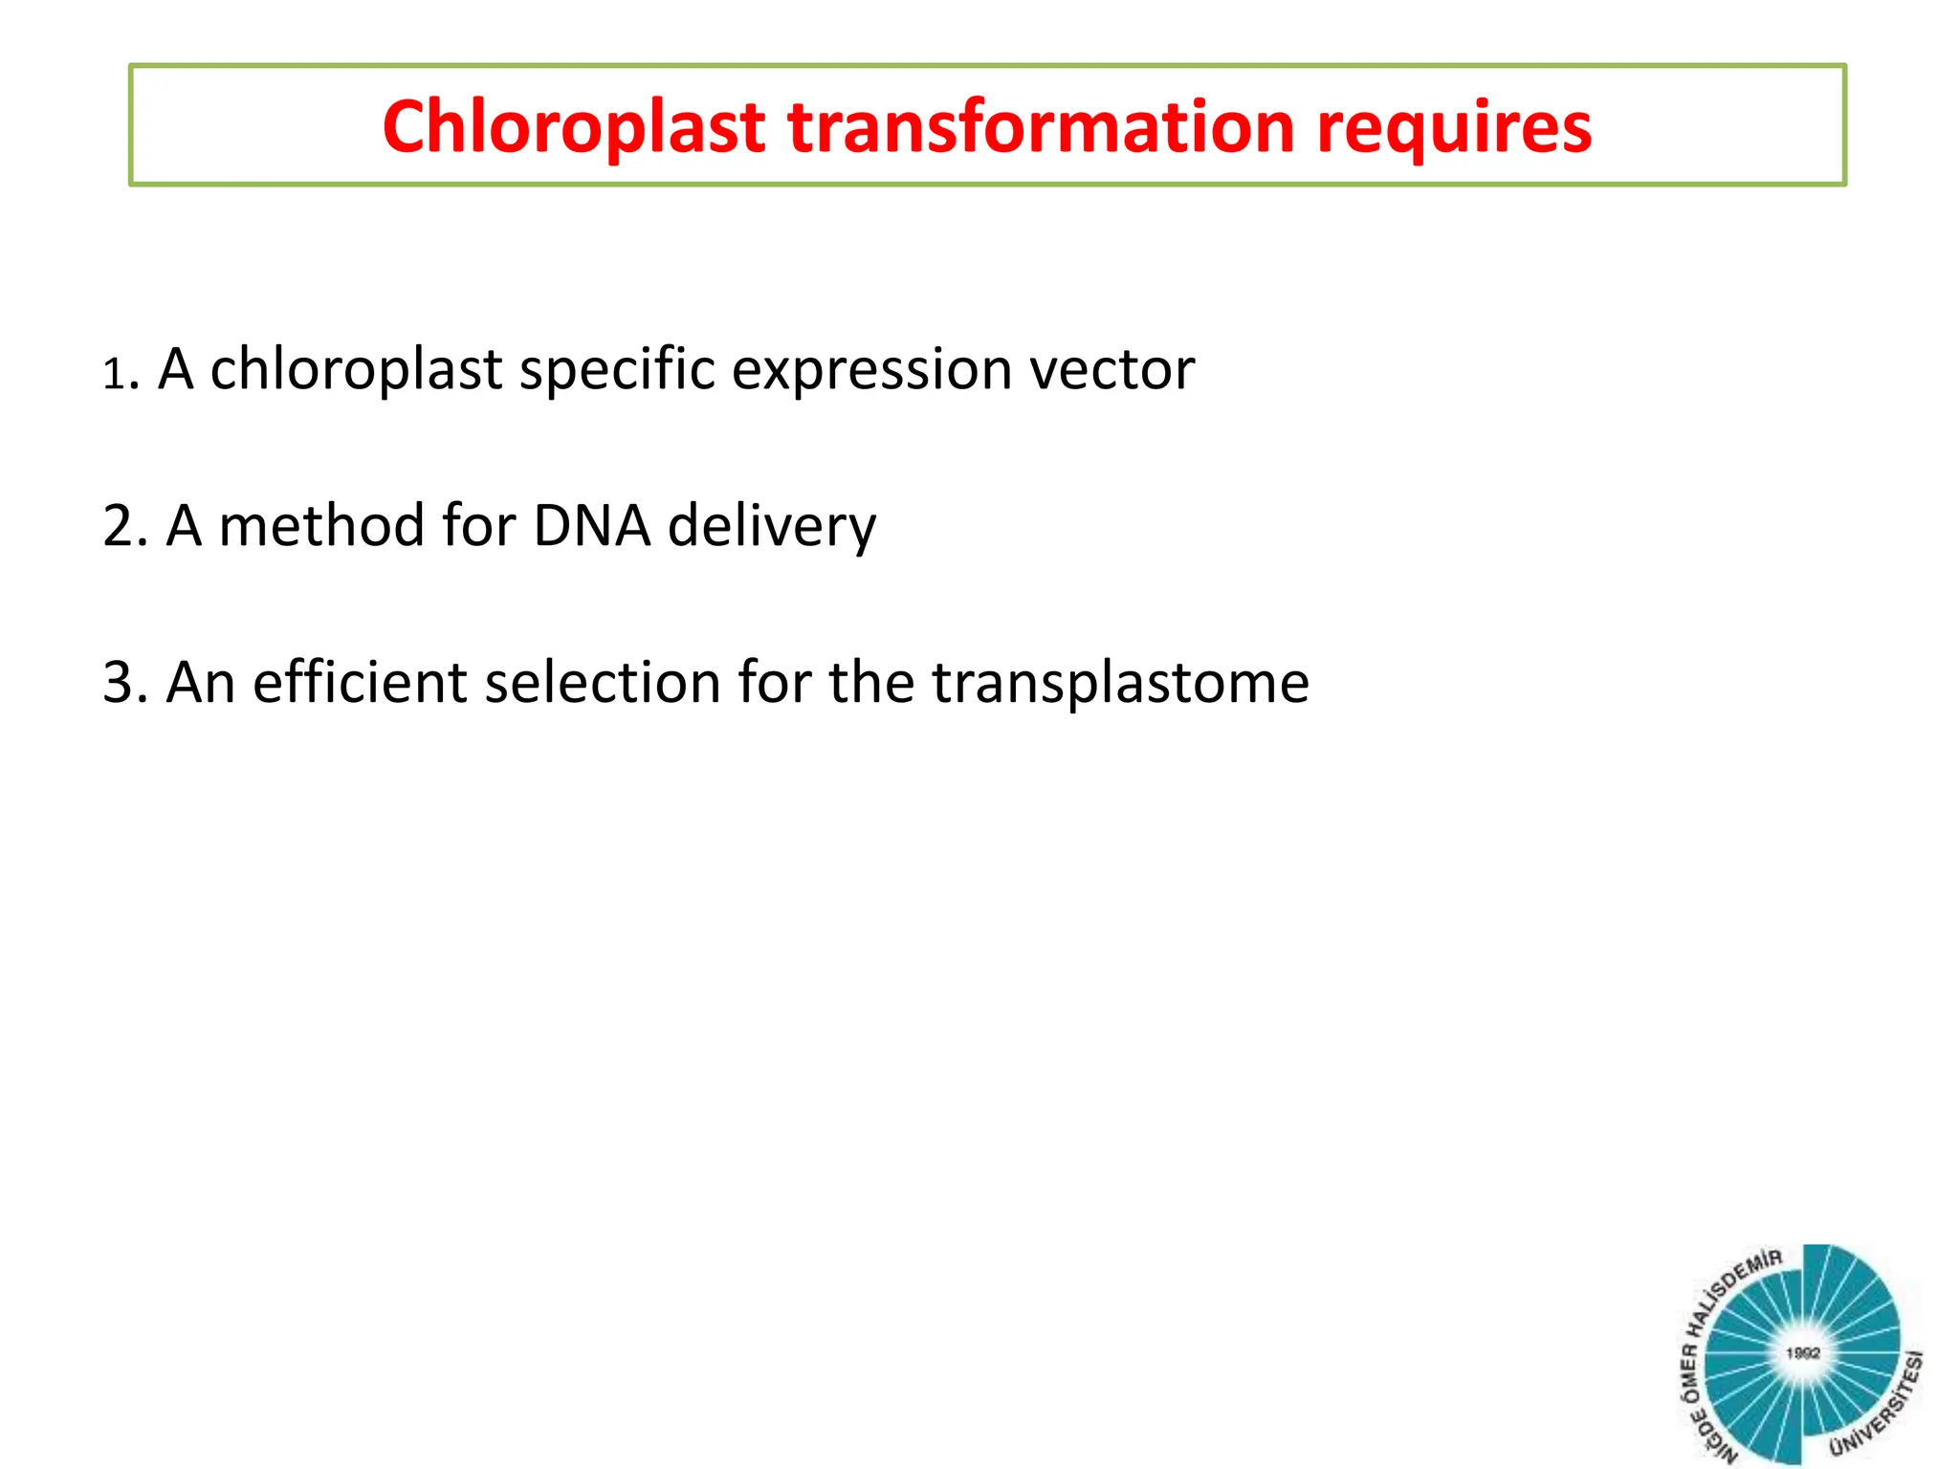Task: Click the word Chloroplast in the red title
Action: coord(573,127)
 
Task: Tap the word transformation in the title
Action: coord(1041,127)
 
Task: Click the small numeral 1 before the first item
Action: coord(114,374)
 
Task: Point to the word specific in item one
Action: coord(616,370)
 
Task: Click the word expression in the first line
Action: coord(871,370)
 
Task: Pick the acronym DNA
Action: coord(591,526)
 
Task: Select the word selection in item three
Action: coord(602,683)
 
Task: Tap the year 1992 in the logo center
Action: coord(1802,1353)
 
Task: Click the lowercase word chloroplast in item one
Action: coord(355,370)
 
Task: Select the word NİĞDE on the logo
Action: coord(1717,1438)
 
